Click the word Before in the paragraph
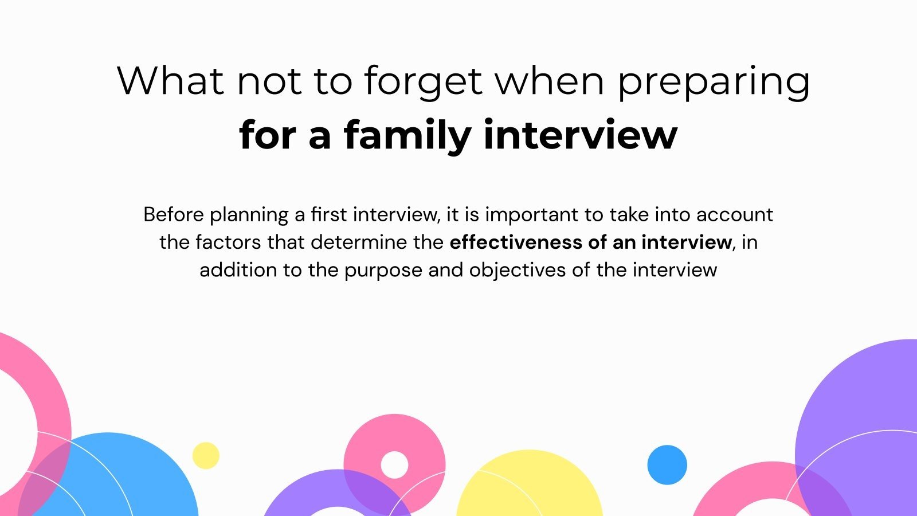click(174, 214)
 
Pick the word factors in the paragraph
click(229, 242)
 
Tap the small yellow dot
click(206, 456)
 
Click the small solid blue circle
click(667, 465)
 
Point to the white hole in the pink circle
click(394, 464)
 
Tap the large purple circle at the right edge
click(860, 401)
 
